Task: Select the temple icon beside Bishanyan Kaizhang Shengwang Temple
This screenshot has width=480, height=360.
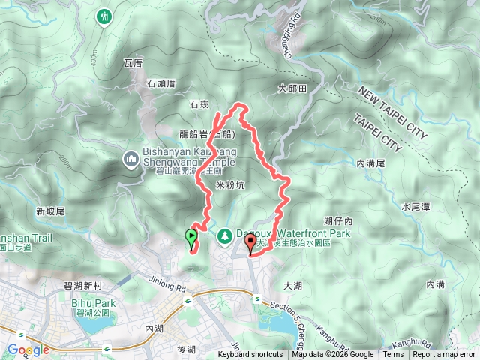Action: click(128, 159)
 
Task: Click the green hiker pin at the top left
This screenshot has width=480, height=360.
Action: click(104, 16)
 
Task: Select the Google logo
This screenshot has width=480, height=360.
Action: click(28, 349)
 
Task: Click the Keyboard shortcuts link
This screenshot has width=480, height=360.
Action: click(250, 355)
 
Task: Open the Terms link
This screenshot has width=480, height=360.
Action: click(393, 355)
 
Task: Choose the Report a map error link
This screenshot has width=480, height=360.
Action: click(445, 355)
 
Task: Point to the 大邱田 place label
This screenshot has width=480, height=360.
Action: click(292, 88)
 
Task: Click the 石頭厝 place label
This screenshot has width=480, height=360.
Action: click(160, 83)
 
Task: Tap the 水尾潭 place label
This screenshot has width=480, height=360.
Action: click(415, 205)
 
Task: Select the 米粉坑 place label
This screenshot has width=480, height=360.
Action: click(231, 185)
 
